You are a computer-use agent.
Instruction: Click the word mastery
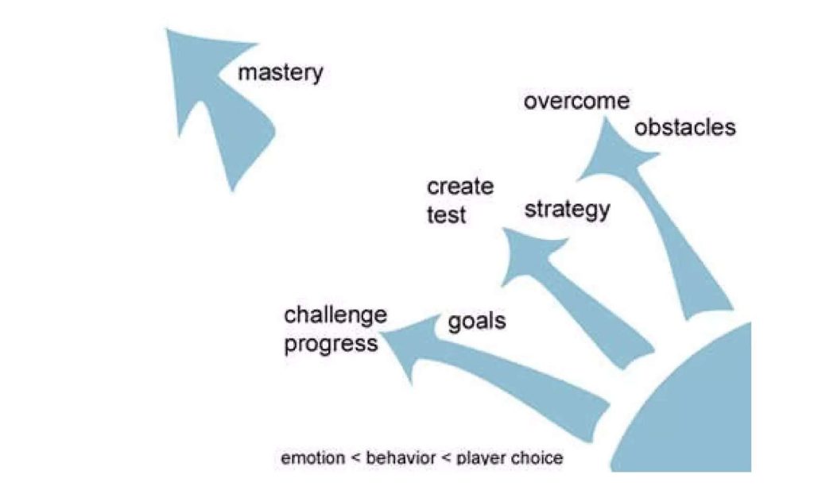281,73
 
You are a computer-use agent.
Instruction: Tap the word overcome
577,101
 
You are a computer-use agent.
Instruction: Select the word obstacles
684,127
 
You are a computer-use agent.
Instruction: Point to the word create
460,187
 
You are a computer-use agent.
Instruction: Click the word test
446,214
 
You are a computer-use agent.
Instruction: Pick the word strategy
567,210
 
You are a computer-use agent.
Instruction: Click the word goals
477,322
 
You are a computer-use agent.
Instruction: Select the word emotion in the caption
312,458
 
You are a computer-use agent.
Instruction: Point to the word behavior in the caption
401,458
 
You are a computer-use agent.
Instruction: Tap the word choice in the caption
537,458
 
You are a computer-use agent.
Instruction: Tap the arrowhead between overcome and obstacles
613,150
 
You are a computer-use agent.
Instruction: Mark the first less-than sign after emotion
355,458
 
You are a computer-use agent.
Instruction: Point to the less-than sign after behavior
446,458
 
